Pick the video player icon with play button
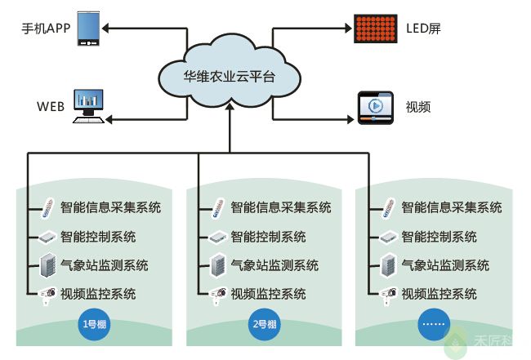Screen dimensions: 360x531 click(x=376, y=107)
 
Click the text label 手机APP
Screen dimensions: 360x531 click(x=46, y=29)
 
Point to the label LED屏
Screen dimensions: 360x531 click(x=423, y=29)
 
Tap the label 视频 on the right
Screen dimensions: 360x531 click(x=418, y=107)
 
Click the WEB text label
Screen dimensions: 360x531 click(x=50, y=107)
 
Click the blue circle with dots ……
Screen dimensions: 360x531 click(x=432, y=324)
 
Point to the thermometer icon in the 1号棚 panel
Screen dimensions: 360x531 click(x=47, y=207)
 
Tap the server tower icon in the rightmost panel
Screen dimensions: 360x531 click(x=388, y=265)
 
